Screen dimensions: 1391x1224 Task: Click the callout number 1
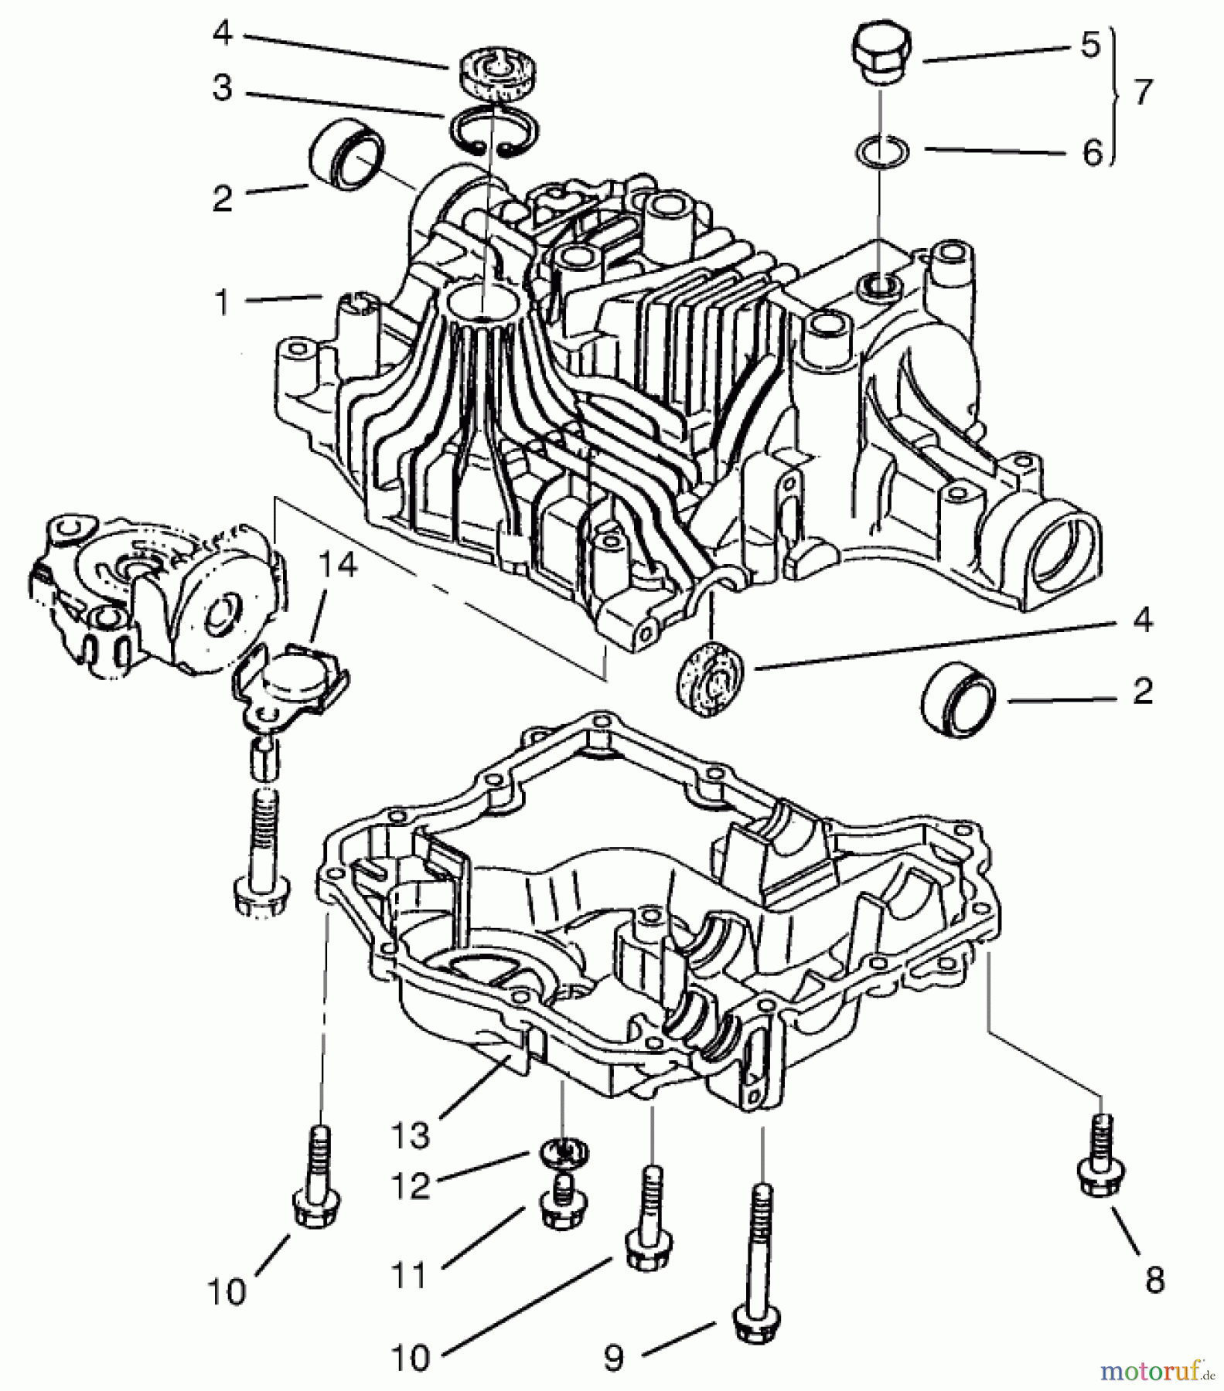[223, 302]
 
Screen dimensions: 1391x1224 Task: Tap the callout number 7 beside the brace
[1142, 92]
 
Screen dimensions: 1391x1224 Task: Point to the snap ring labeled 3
[489, 132]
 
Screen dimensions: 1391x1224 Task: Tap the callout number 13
[409, 1136]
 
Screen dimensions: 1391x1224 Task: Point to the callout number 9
[613, 1359]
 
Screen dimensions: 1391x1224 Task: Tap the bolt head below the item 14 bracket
[261, 896]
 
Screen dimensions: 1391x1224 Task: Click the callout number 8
[1154, 1280]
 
